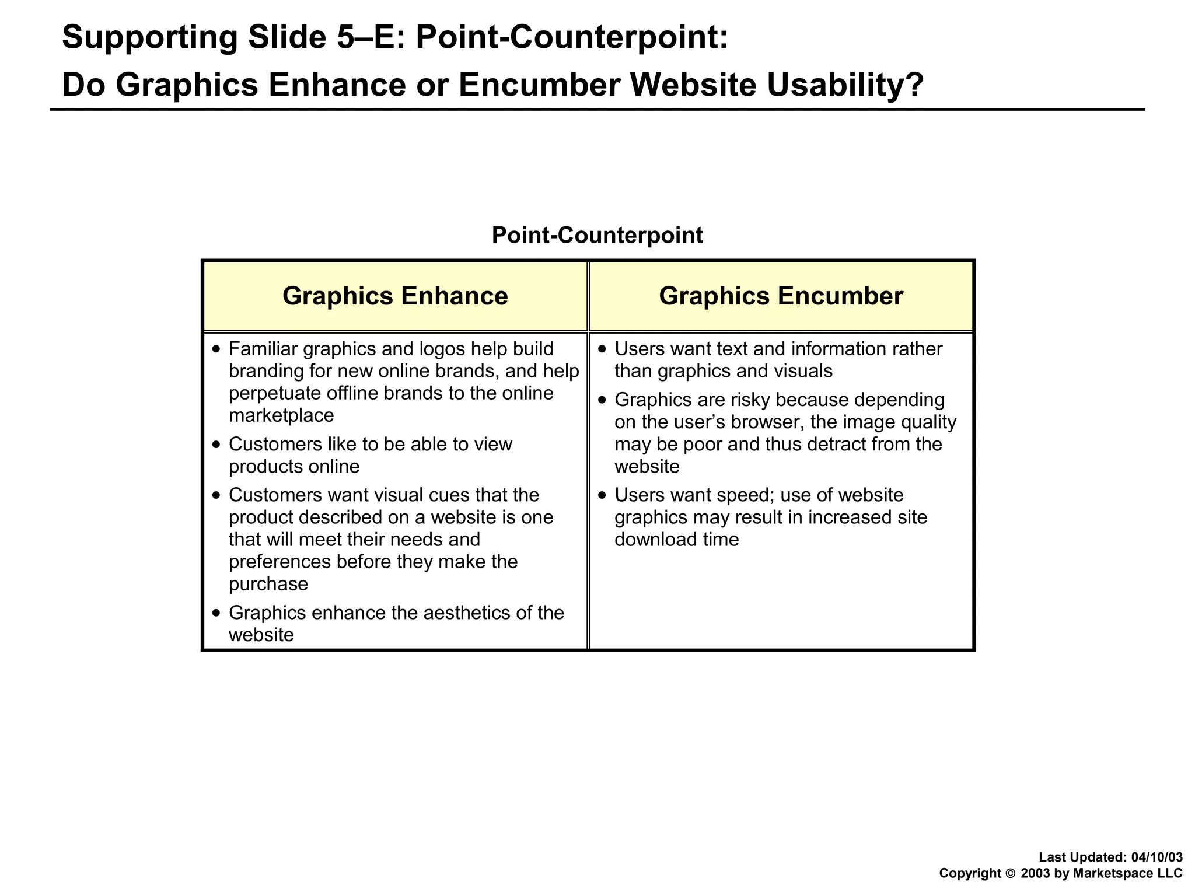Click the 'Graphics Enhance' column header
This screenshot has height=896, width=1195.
click(x=395, y=296)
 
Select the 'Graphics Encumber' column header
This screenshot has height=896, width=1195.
click(x=781, y=296)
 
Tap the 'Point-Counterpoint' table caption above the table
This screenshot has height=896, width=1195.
click(x=597, y=236)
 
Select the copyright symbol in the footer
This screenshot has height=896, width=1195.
click(x=1011, y=874)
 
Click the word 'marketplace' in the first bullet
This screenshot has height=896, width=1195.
click(x=281, y=416)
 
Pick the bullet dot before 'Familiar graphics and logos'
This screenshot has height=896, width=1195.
click(x=217, y=349)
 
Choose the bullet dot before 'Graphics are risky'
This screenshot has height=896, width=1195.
click(x=603, y=400)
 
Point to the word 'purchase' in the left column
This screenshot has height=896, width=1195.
click(x=268, y=584)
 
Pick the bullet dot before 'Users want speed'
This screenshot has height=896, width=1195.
click(x=603, y=495)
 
